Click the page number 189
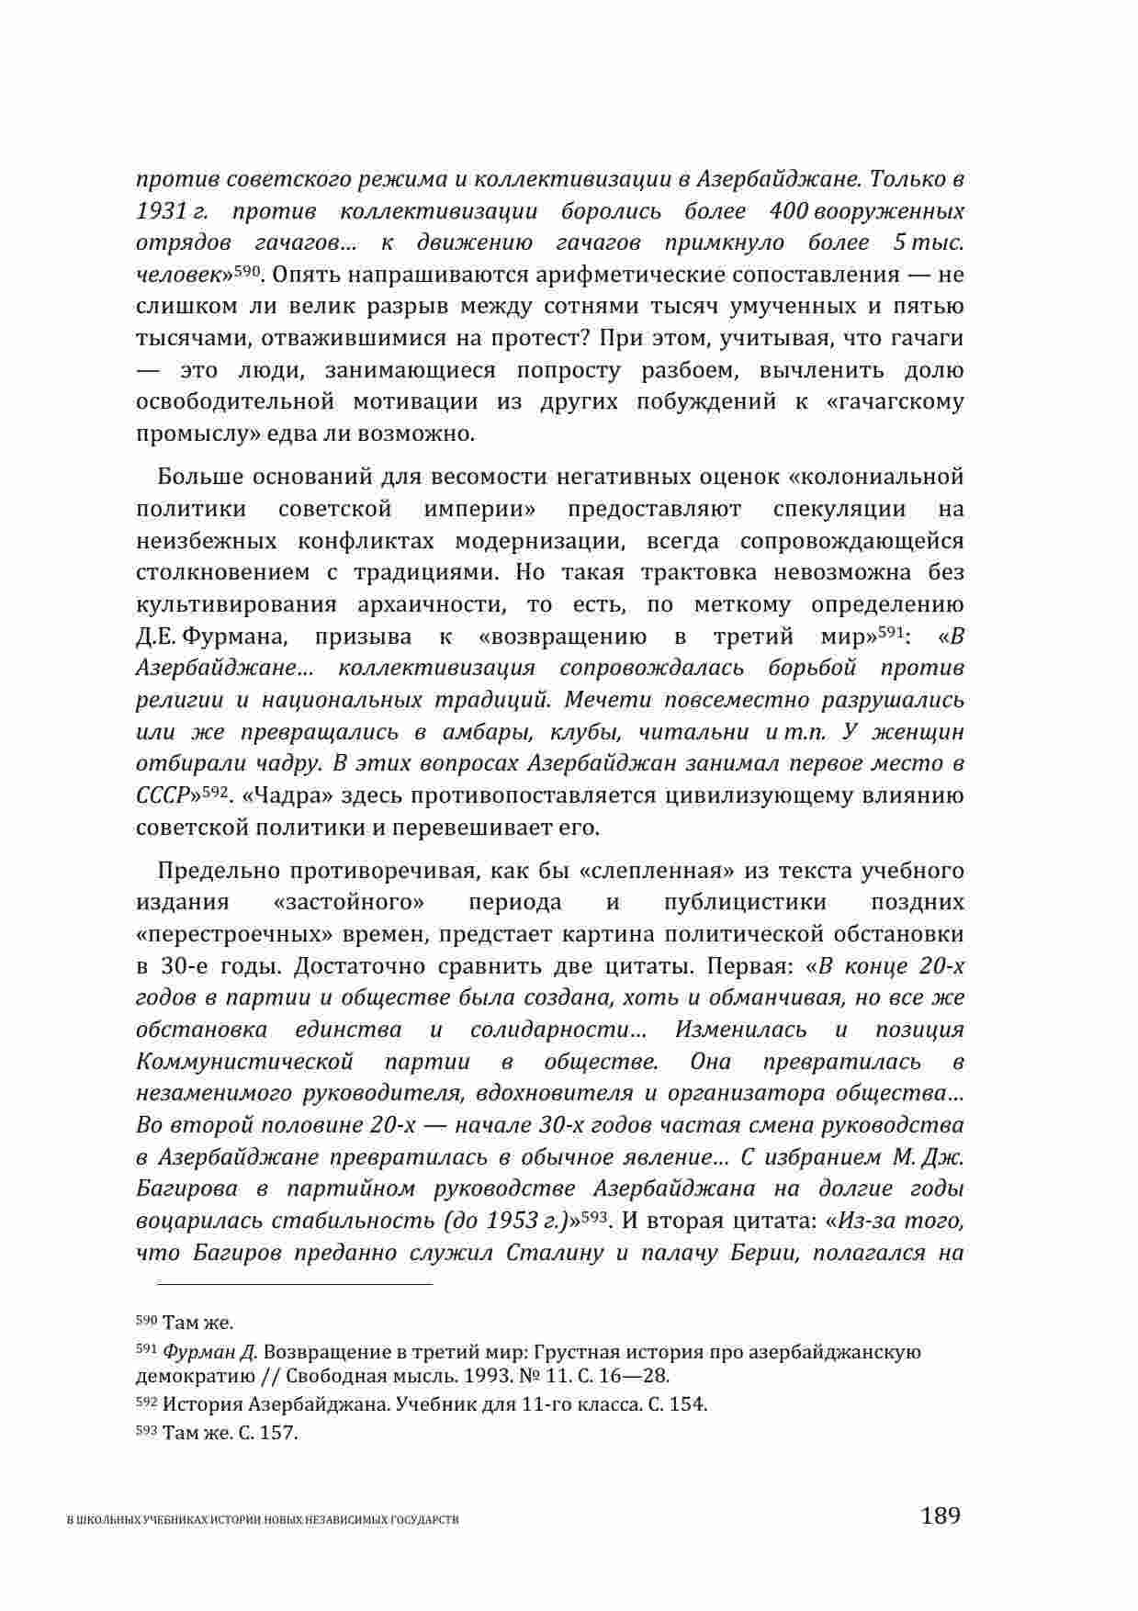click(x=940, y=1515)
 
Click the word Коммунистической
click(x=244, y=1062)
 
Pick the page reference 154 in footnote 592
click(x=689, y=1404)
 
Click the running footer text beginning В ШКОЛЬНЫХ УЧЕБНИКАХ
click(x=265, y=1520)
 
